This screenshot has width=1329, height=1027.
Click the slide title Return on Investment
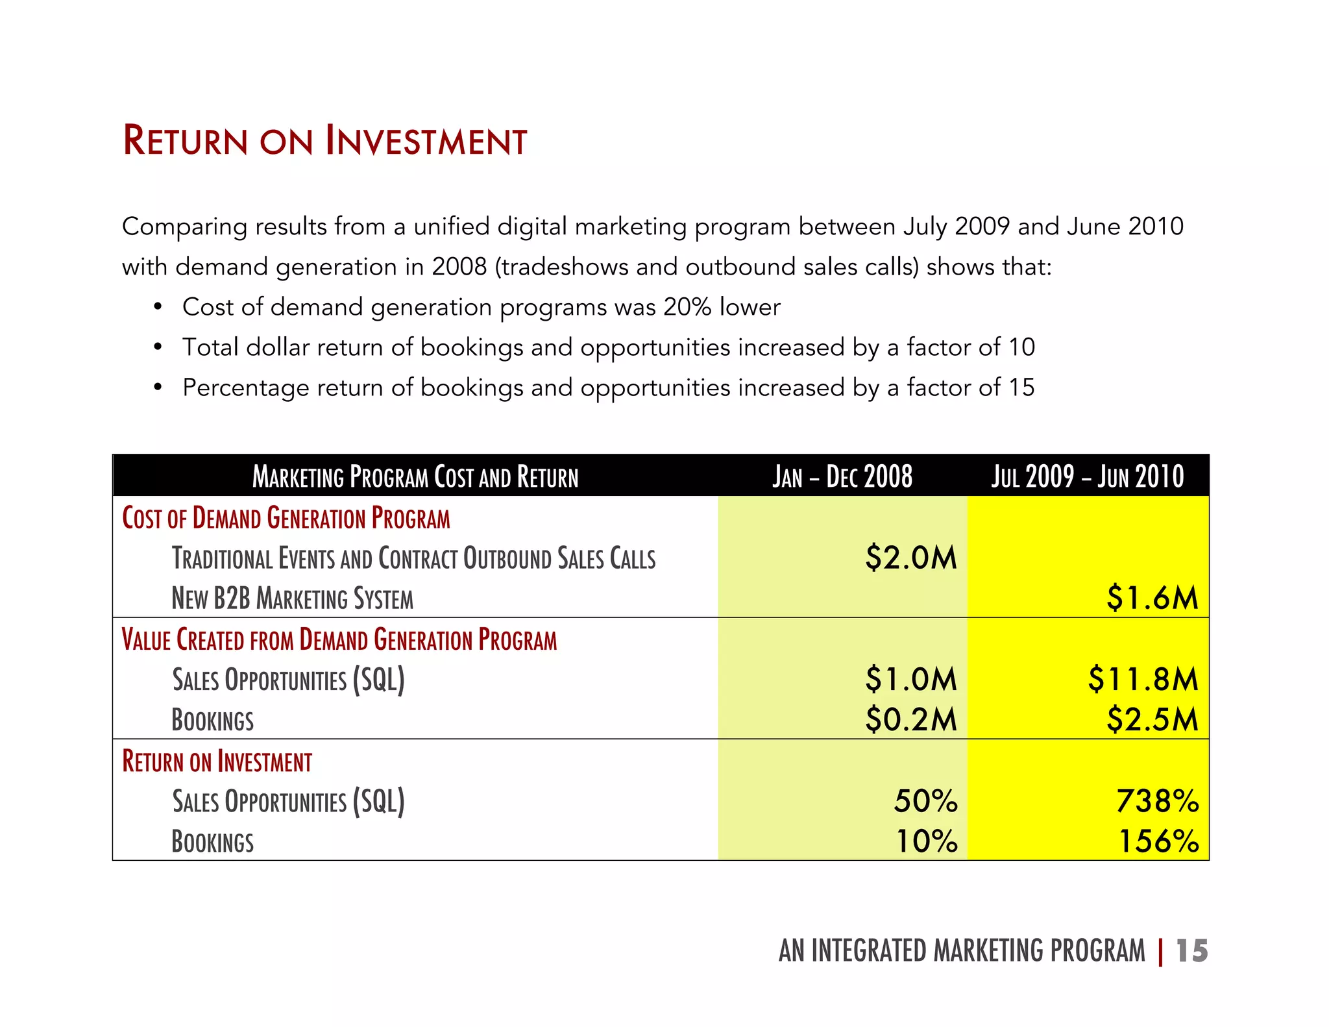point(324,141)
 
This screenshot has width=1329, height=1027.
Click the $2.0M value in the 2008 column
point(910,558)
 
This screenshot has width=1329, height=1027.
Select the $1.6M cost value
point(1152,598)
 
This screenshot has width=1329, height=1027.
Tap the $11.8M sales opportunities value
point(1143,679)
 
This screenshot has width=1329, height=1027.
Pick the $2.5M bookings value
point(1152,719)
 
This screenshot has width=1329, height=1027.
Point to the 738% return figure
point(1157,801)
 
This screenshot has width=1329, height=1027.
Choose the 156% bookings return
point(1158,841)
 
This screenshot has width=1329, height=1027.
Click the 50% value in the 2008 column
point(925,801)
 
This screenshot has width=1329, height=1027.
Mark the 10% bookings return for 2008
point(927,841)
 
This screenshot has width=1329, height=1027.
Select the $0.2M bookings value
point(910,719)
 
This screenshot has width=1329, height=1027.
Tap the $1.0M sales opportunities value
point(910,679)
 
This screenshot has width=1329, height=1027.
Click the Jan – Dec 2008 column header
point(842,476)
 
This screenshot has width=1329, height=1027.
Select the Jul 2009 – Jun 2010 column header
point(1087,476)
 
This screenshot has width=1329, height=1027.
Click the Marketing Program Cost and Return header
point(415,476)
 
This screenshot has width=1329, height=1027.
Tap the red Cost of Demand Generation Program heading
point(286,518)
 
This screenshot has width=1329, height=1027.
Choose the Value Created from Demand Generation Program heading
point(339,639)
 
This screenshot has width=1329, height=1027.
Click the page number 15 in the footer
point(1191,951)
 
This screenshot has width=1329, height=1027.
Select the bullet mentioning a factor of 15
point(607,388)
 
